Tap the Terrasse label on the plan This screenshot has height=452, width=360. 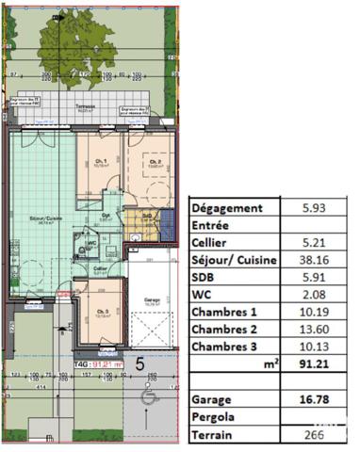point(88,106)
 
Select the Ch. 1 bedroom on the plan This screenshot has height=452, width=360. point(99,162)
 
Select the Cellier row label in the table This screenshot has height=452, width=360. point(212,242)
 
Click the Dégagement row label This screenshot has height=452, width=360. point(229,207)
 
